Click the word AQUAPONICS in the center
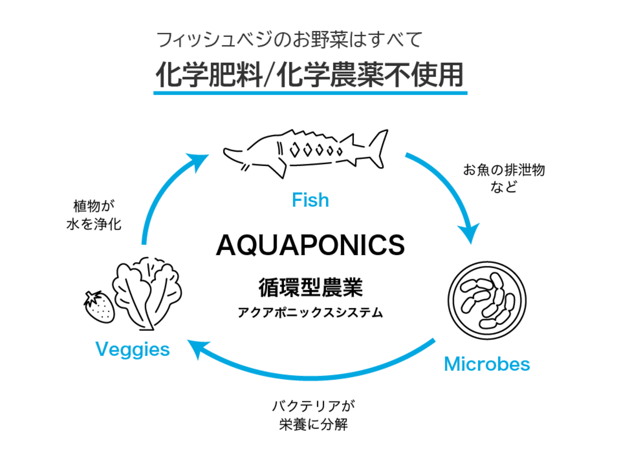click(x=310, y=245)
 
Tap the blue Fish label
click(x=310, y=200)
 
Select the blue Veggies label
click(x=132, y=349)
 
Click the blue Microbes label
click(x=487, y=364)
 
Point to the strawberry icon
click(x=100, y=307)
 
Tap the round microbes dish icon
click(x=487, y=300)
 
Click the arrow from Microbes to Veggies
click(x=310, y=372)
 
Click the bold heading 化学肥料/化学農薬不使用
click(x=310, y=75)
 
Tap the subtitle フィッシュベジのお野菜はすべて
click(x=289, y=40)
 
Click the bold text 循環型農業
click(x=310, y=287)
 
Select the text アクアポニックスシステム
click(x=310, y=312)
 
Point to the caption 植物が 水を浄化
click(x=94, y=215)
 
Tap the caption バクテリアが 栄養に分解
click(x=314, y=415)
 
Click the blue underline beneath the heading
click(x=310, y=93)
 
